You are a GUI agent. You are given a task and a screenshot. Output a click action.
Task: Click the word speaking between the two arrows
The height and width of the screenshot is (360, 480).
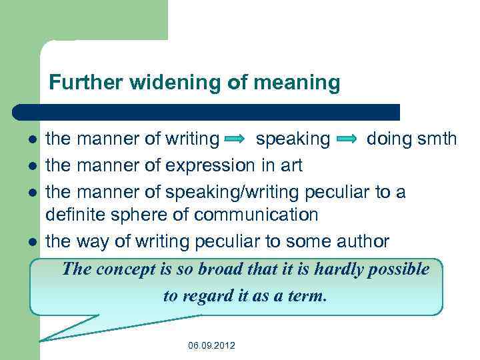click(293, 139)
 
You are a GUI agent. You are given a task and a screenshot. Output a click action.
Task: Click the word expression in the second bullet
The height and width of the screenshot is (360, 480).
click(211, 165)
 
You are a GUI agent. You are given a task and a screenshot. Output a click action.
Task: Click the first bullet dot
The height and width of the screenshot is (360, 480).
click(32, 140)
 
